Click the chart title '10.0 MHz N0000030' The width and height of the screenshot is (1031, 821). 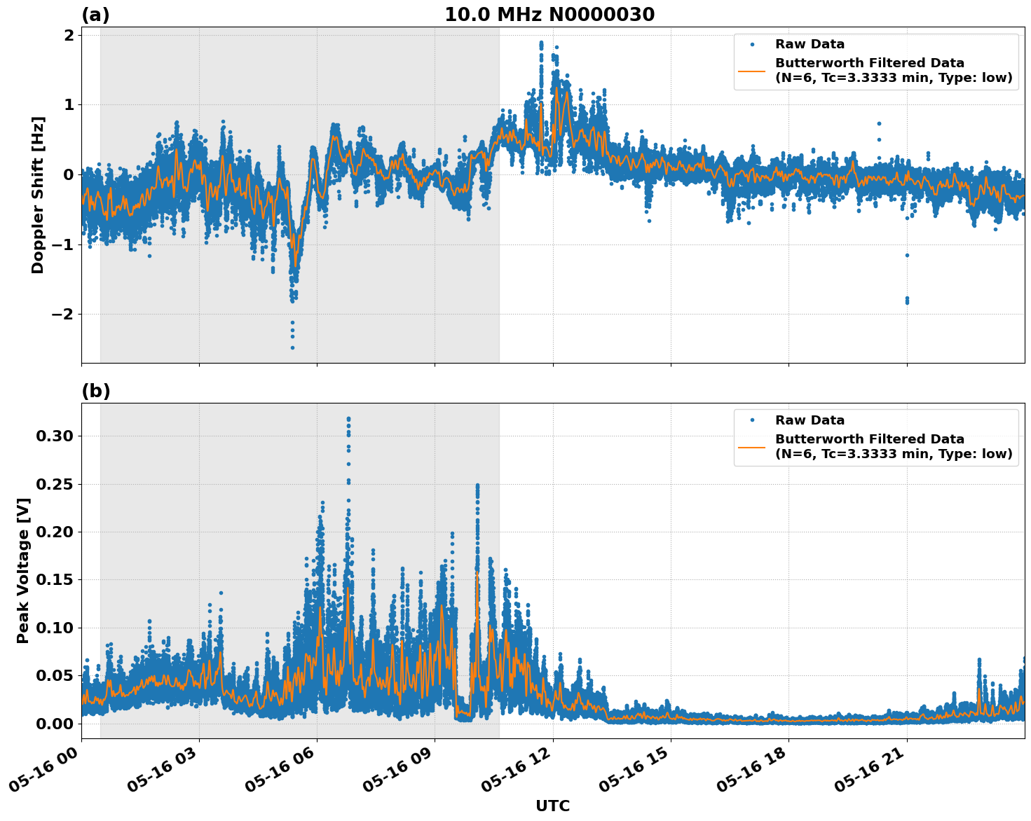(549, 15)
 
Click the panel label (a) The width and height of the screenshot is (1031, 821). (95, 15)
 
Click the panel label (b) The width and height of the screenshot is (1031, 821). (95, 391)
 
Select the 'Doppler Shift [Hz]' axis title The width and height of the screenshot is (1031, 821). (38, 195)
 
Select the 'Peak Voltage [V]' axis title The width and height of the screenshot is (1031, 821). (23, 570)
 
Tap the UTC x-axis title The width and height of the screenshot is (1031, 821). (552, 806)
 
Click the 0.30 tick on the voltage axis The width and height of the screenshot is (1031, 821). (54, 436)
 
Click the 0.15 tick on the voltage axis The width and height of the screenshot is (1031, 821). (54, 579)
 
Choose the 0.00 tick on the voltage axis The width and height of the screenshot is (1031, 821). (54, 723)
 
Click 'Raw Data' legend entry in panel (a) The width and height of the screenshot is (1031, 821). (810, 44)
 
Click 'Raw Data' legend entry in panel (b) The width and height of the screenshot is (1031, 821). (810, 420)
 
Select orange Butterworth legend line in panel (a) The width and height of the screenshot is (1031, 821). (751, 70)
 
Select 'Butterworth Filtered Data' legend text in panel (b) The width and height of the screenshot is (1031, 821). (869, 439)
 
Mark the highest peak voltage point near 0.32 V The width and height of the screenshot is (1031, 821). (348, 419)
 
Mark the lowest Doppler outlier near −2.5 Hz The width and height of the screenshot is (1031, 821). (292, 347)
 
